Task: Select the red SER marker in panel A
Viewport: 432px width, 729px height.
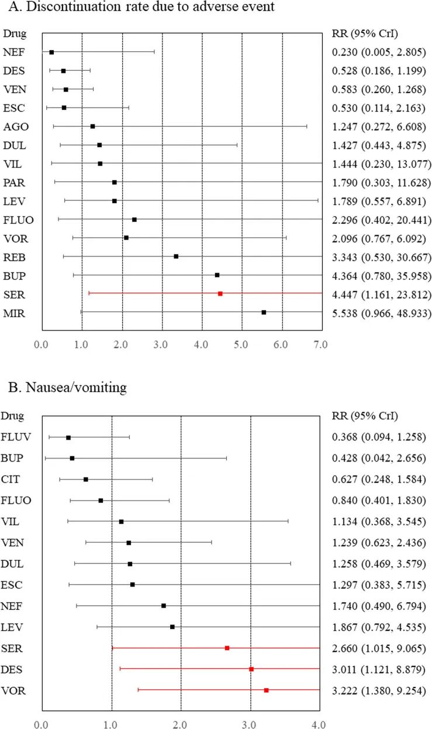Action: tap(220, 293)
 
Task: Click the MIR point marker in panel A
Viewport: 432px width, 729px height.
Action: tap(264, 312)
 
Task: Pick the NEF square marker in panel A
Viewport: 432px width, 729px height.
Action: tap(51, 52)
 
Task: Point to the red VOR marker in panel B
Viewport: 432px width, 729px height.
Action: tap(266, 690)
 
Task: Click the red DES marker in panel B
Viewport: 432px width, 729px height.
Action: tap(251, 669)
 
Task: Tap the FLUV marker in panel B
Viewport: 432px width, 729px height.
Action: tap(68, 438)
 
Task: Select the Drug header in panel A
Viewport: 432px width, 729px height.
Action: tap(13, 33)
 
